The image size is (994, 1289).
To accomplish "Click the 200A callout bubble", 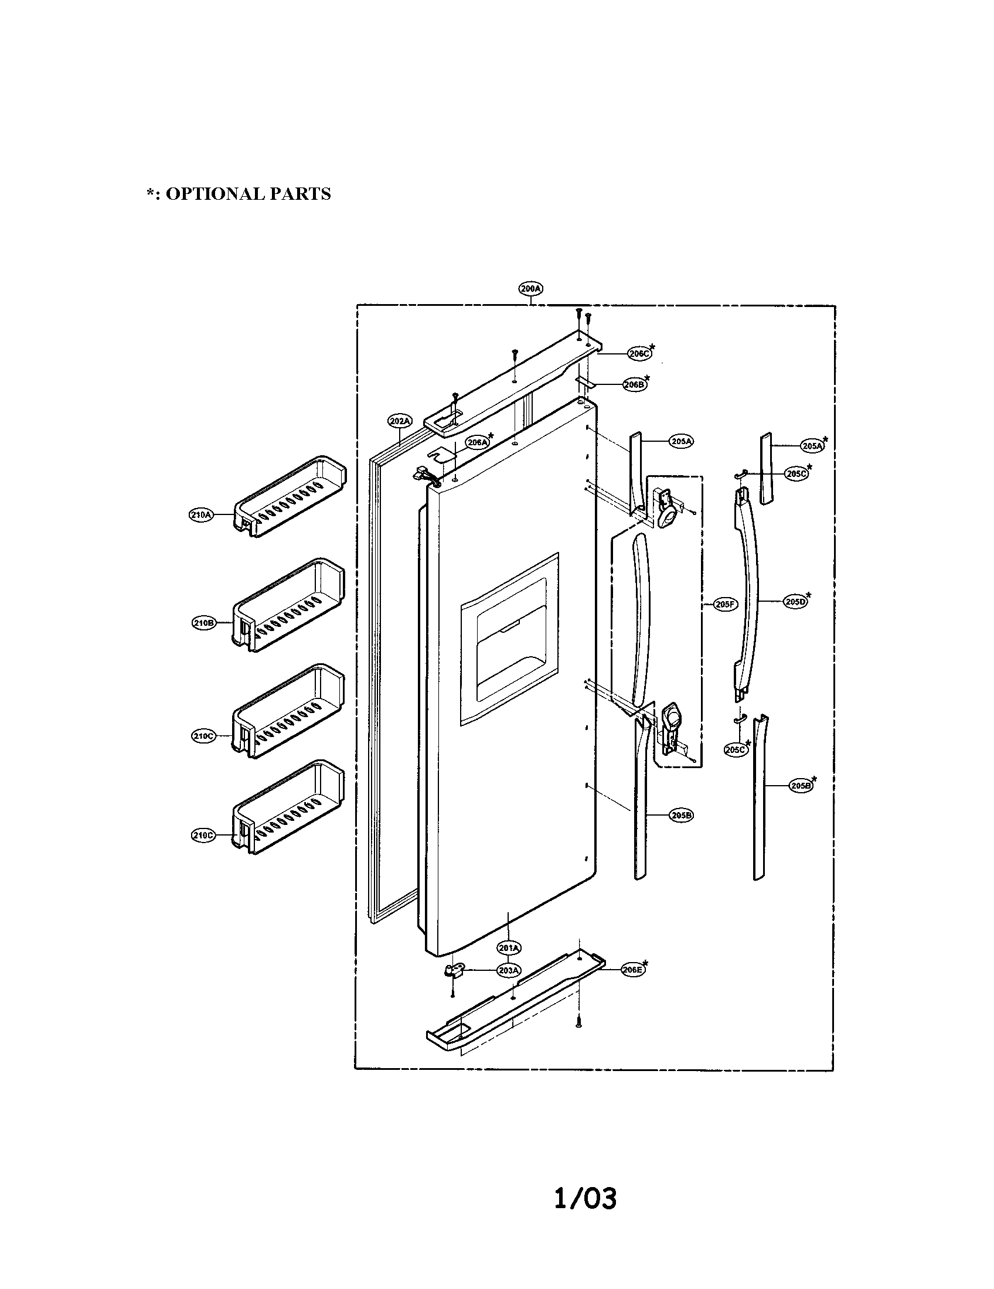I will point(530,289).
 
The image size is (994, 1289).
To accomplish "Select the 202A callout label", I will point(400,421).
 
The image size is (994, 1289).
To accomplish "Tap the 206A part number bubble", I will point(477,442).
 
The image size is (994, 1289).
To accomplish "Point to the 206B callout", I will point(635,384).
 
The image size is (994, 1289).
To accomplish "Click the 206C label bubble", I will point(638,353).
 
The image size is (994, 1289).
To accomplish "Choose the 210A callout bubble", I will point(200,515).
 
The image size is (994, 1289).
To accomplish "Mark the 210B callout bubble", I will point(203,623).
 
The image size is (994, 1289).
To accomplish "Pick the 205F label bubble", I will point(724,605).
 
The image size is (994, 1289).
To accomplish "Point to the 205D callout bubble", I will point(795,601).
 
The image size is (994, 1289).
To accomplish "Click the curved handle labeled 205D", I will point(747,590).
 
